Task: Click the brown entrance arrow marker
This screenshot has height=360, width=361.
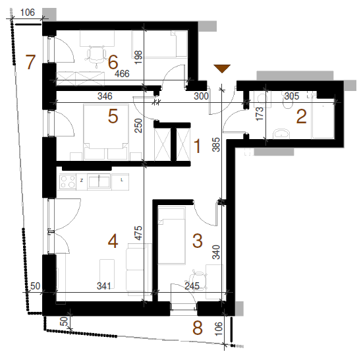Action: point(222,69)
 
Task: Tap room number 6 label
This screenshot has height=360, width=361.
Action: point(113,62)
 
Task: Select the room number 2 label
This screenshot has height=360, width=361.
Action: point(301,117)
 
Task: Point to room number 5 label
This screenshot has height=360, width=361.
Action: point(113,116)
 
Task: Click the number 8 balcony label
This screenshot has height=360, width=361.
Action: point(198,328)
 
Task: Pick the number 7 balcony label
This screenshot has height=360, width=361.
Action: point(30,62)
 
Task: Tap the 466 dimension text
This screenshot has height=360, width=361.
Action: point(122,74)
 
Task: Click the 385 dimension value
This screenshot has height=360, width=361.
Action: point(216,144)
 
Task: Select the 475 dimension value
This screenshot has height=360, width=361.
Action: point(138,233)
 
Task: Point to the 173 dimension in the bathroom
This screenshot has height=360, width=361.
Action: point(260,113)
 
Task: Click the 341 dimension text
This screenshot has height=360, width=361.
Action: point(104,286)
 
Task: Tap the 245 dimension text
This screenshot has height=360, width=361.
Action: point(192,286)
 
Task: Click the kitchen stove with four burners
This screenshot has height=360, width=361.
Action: point(68,182)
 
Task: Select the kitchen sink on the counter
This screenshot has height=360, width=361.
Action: point(99,182)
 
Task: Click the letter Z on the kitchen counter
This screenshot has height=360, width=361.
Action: point(82,181)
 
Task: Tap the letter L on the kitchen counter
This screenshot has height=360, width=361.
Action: point(122,180)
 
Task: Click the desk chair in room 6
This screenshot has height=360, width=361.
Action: point(96,56)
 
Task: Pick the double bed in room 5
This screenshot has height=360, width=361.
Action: point(106,132)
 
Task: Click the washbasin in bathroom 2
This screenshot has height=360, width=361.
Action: point(281,134)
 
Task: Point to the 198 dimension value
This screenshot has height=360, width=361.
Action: point(138,57)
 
